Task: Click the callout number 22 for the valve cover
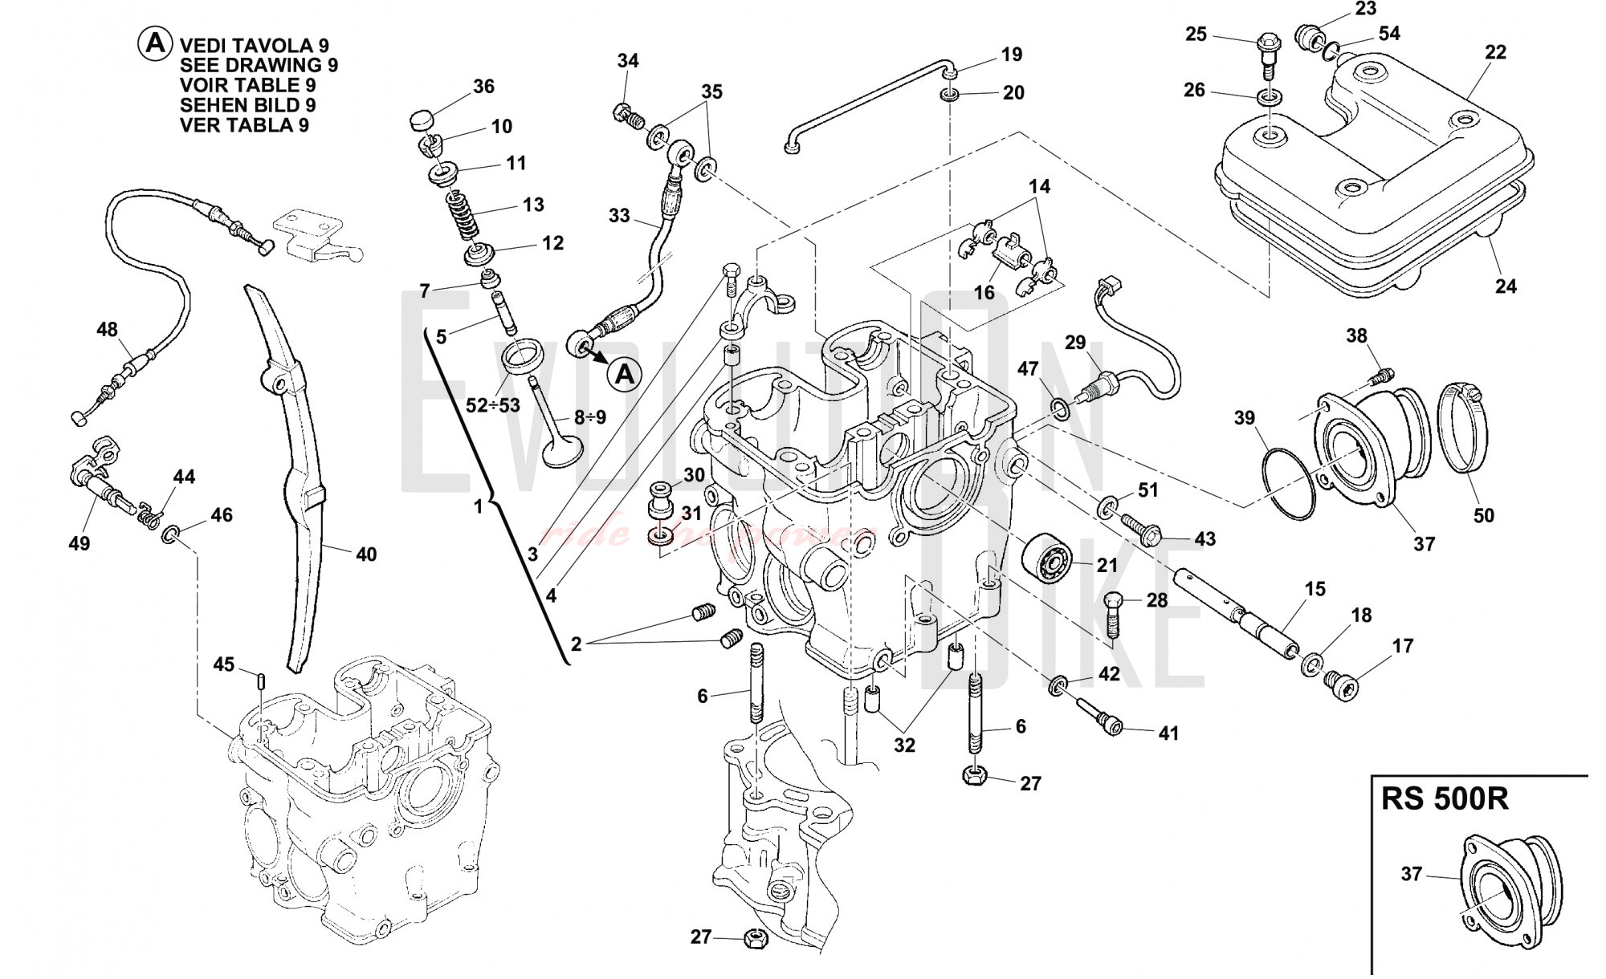pyautogui.click(x=1494, y=52)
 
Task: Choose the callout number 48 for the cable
pyautogui.click(x=107, y=330)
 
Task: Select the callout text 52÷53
pyautogui.click(x=493, y=405)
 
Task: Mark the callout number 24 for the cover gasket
pyautogui.click(x=1506, y=286)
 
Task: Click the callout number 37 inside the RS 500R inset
pyautogui.click(x=1412, y=874)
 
